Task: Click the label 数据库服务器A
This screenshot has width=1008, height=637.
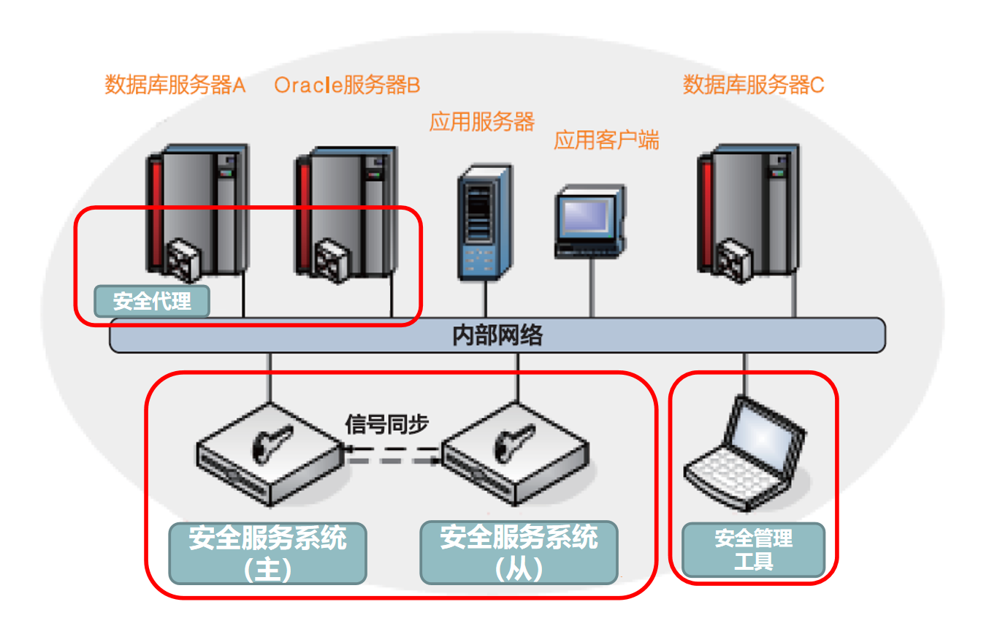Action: pos(175,85)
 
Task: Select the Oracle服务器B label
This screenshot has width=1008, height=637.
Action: pos(347,85)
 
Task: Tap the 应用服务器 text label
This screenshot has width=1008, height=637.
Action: pos(481,121)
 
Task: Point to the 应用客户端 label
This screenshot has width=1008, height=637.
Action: pos(606,140)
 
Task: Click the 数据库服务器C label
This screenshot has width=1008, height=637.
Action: pos(753,85)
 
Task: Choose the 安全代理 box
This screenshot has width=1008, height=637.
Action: pos(152,301)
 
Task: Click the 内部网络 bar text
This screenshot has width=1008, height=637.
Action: pos(497,335)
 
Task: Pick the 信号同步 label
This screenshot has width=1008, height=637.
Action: pos(386,424)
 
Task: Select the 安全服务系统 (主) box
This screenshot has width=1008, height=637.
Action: pos(267,553)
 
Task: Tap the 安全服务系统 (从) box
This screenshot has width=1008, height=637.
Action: pos(519,553)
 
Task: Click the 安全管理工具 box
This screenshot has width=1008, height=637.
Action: pos(753,550)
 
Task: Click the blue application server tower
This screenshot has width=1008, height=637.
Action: pos(484,223)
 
